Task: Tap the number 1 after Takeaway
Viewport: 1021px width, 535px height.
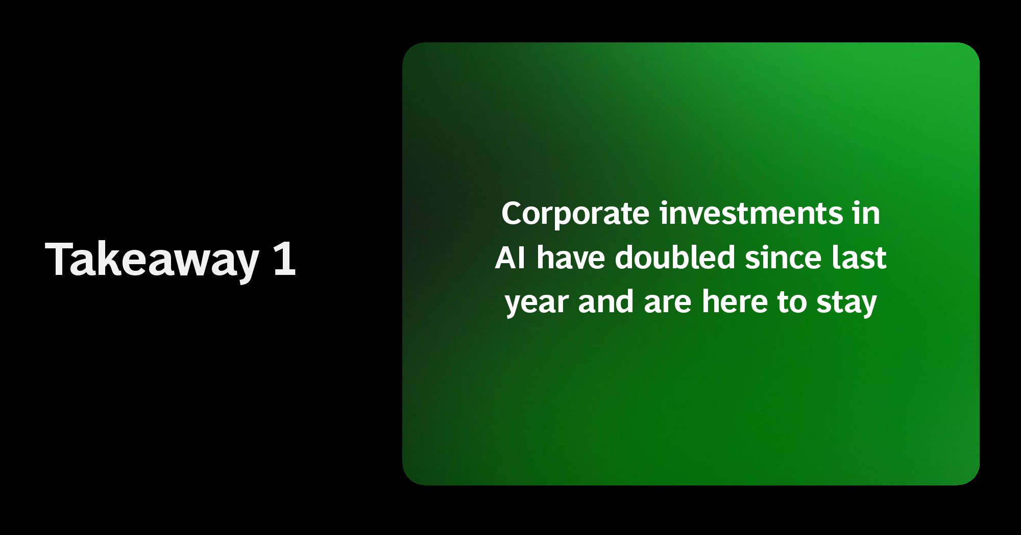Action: [284, 259]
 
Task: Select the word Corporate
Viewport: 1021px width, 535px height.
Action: [575, 214]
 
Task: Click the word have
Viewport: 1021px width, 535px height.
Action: [571, 257]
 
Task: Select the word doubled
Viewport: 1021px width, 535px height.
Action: [675, 257]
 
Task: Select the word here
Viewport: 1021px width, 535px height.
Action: [735, 301]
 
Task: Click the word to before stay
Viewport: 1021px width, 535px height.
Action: [792, 303]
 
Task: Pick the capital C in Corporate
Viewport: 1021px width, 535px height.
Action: [512, 213]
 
